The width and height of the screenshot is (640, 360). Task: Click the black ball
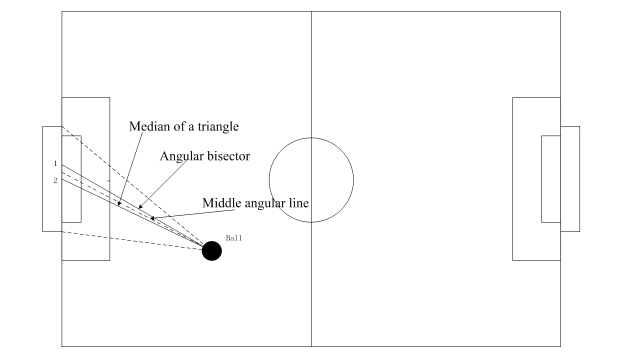pos(212,251)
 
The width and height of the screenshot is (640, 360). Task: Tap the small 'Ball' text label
pos(234,238)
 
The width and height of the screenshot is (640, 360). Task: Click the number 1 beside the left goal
pos(55,163)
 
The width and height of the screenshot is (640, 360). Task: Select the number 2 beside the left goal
pos(55,180)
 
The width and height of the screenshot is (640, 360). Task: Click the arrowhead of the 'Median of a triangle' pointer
pos(119,203)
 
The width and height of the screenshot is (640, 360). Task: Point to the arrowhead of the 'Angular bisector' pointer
pos(140,207)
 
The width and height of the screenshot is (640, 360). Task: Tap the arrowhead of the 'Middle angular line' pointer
pos(152,218)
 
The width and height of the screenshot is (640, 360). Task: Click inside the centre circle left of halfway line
pos(290,180)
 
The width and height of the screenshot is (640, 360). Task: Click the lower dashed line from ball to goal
pos(132,240)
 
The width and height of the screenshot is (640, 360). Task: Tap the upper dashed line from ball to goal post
pos(132,186)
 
